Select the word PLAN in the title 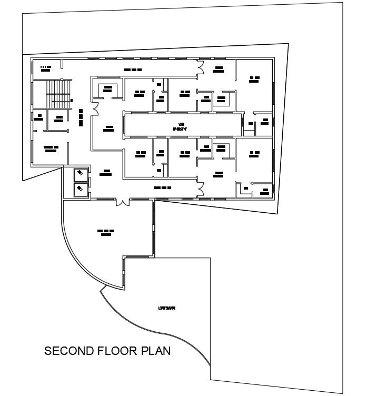coord(156,351)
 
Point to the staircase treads coord(58,93)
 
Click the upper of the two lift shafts coord(81,173)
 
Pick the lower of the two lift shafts coord(81,187)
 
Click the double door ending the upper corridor coord(201,66)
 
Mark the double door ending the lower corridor coord(201,189)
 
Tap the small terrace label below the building coord(166,308)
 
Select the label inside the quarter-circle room coord(106,232)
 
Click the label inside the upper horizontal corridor coord(133,70)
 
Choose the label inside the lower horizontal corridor coord(163,187)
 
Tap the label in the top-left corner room coord(45,67)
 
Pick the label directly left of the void coord(109,128)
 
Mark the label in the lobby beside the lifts coord(107,172)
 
